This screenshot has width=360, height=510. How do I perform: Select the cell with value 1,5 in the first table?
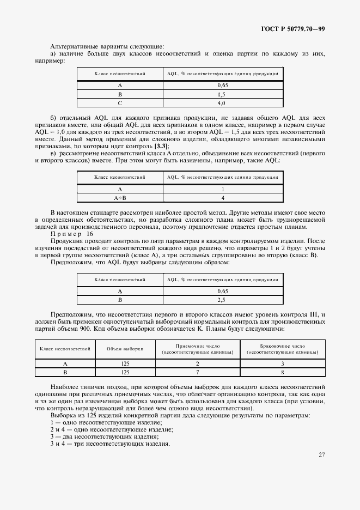click(x=222, y=94)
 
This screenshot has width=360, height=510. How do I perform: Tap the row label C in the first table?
click(x=119, y=102)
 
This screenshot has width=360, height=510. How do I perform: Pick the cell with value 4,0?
click(x=222, y=102)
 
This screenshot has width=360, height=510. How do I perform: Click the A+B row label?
click(x=119, y=198)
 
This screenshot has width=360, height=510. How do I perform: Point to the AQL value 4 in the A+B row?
click(x=222, y=198)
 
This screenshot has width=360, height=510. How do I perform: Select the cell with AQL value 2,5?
click(x=222, y=300)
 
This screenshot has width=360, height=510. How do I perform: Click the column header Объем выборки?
click(x=125, y=349)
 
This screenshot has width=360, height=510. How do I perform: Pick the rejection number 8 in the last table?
click(x=283, y=372)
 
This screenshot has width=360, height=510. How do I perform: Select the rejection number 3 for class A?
click(x=283, y=363)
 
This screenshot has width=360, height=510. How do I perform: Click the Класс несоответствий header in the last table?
click(x=64, y=349)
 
